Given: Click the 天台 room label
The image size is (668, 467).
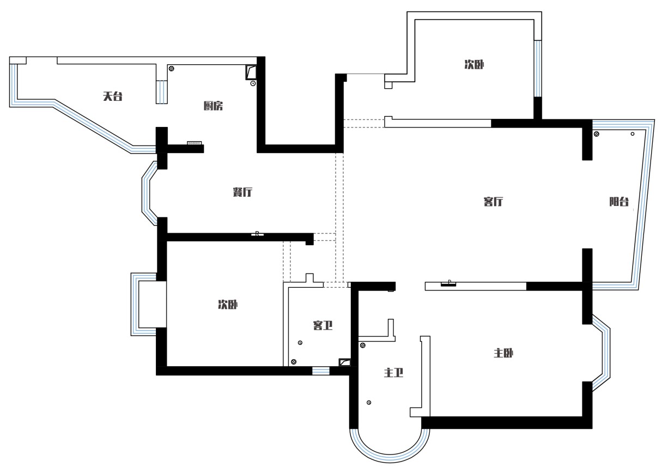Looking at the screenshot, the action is pos(113,96).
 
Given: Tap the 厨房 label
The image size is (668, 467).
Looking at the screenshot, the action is pos(213,106).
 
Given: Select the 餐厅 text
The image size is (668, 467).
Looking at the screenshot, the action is pos(242,192).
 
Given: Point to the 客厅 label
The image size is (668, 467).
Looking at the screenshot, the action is pos(493,202).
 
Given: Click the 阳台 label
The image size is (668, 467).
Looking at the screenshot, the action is pos(619,202).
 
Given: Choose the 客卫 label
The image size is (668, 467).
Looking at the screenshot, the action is pos(323,325).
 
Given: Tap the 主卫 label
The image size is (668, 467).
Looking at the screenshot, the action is pos(393,373).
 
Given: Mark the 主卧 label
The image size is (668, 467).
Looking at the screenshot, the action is pos(503,353).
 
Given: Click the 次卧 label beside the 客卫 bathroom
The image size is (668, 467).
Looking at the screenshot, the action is pos(228,305).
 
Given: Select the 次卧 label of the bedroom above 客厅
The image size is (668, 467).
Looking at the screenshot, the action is pos(474,64).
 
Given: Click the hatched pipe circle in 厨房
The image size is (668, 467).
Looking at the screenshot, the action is pos(172,69).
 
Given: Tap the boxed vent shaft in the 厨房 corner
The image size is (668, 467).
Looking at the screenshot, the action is pos(251,72).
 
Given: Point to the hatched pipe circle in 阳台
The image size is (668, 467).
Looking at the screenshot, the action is pos(597,134).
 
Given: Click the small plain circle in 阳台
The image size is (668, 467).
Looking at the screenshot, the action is pos(633,134).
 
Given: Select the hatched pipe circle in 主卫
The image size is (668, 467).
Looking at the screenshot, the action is pos(363,345).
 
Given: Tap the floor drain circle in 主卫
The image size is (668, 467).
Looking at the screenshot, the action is pos(369,403).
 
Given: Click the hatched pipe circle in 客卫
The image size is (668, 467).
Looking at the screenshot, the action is pos(294,362).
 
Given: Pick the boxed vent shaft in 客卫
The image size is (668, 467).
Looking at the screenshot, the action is pos(345,362).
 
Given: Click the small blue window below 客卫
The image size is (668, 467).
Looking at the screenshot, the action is pos(321,371).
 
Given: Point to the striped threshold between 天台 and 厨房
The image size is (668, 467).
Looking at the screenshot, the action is pos(162,92).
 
